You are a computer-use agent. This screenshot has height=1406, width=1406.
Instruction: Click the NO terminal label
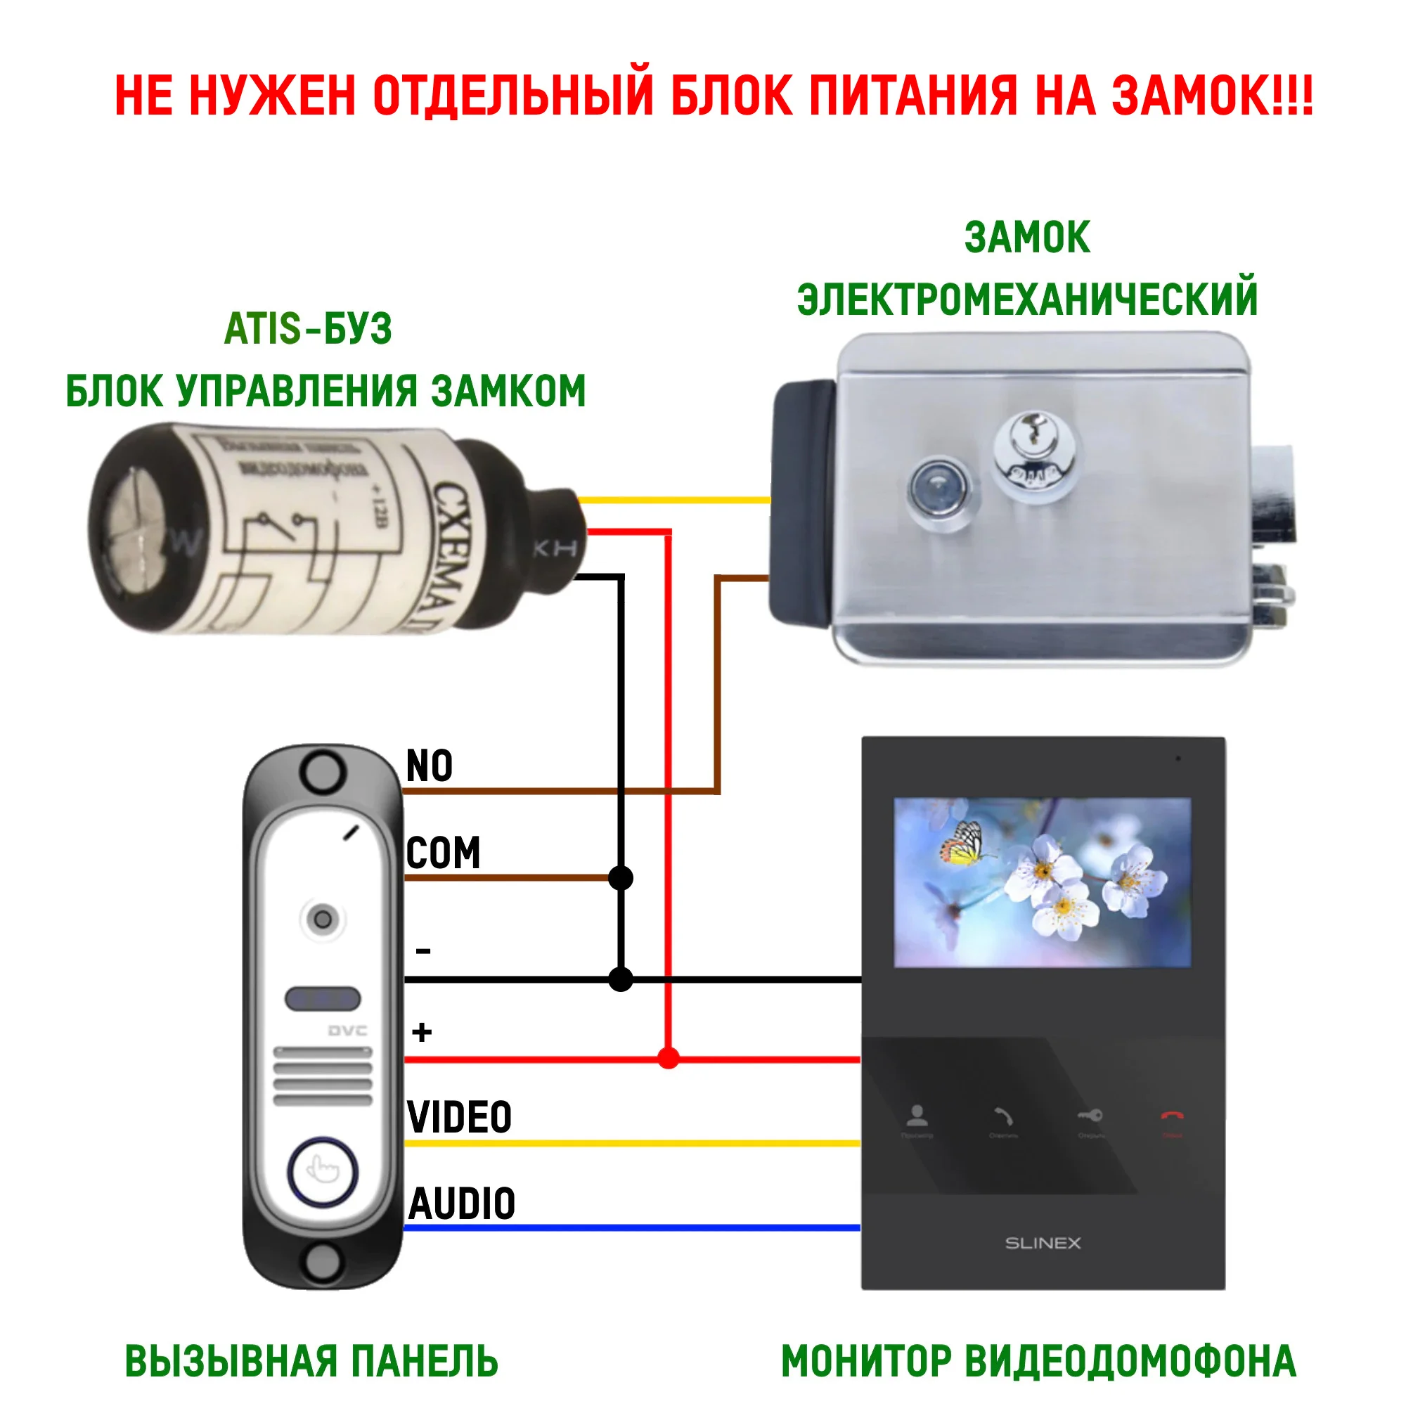(x=430, y=766)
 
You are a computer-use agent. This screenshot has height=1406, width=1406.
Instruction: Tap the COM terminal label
(x=443, y=853)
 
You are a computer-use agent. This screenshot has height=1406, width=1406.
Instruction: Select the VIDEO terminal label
(x=459, y=1118)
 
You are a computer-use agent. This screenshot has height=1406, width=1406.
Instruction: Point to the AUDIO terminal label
(x=462, y=1204)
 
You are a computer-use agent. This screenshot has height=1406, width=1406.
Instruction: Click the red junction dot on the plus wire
(x=668, y=1058)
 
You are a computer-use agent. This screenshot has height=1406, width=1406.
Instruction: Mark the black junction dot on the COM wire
(x=620, y=878)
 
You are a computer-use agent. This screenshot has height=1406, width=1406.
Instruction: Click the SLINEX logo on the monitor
(x=1043, y=1243)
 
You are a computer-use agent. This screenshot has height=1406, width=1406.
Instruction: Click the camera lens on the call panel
(x=323, y=919)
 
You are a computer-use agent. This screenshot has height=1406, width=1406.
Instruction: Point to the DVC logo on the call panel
(x=347, y=1031)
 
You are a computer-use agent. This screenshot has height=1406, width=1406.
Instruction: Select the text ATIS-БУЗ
(x=308, y=329)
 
